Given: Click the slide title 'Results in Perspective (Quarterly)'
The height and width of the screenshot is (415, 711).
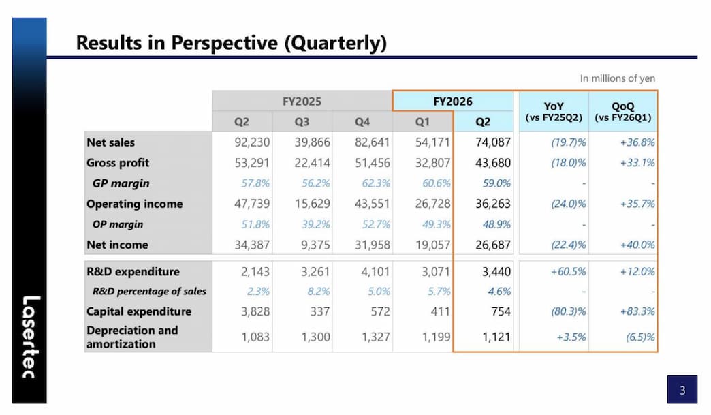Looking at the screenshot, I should coord(231,43).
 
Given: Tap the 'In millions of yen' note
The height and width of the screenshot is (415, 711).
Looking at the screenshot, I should coord(617,78).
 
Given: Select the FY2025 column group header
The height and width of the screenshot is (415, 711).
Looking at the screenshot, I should coord(302,102).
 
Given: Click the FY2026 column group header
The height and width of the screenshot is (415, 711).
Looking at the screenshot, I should coord(453,102).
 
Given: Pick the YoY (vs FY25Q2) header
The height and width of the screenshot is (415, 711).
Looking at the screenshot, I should coord(554,111).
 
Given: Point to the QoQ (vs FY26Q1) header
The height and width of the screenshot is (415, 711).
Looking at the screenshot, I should coord(622,111).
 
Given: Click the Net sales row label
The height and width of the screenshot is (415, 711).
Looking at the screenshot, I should coord(111,142).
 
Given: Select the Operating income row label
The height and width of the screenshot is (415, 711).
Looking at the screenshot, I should coord(134,204).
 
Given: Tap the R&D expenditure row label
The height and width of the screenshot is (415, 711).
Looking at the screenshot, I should coord(133,271).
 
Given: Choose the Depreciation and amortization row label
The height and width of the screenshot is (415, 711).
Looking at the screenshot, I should coord(132,337).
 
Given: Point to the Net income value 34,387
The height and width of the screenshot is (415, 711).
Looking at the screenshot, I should coord(251,245).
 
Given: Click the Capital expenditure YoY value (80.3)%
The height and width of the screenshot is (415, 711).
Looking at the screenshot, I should coord(568,311).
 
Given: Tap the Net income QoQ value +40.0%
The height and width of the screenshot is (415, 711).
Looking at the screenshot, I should coord(637,245).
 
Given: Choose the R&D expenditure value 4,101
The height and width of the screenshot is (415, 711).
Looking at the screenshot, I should coord(375,271).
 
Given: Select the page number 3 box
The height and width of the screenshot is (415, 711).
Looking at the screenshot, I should coord(682,390).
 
